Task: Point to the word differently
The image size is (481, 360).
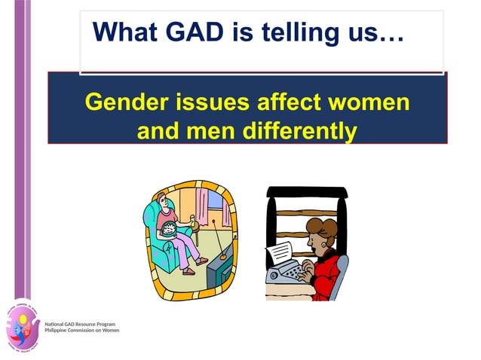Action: (x=299, y=131)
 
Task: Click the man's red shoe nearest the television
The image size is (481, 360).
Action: (x=201, y=261)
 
